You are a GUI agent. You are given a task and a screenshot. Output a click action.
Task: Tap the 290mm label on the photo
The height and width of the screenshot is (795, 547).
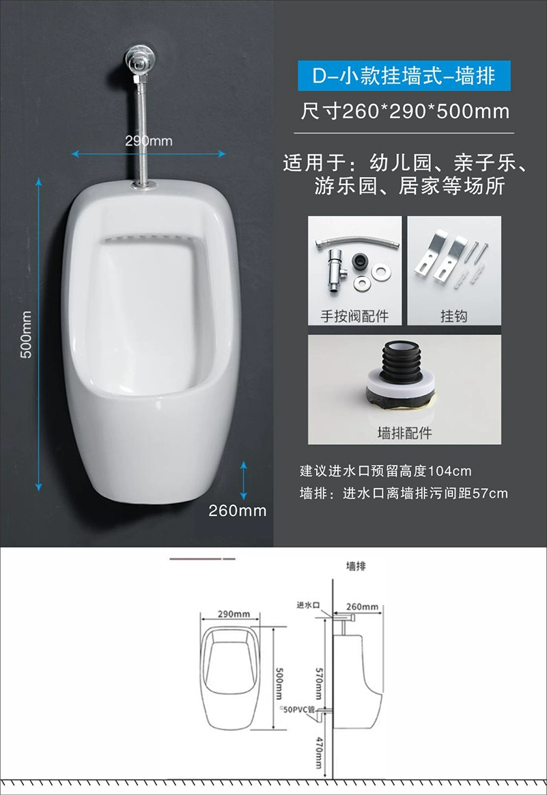click(148, 140)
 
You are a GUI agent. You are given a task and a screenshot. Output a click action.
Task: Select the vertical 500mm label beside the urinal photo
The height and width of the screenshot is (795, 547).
click(26, 335)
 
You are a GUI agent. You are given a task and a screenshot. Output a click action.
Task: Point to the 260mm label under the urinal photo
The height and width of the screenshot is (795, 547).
click(238, 511)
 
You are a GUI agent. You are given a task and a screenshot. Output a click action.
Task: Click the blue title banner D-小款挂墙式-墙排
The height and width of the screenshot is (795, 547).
click(404, 76)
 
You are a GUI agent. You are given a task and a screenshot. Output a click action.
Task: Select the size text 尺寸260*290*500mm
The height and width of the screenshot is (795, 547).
click(405, 111)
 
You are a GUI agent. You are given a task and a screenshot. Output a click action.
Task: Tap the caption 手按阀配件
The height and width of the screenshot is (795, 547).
click(354, 316)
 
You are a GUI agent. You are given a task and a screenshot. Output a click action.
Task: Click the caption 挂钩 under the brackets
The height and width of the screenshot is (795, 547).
click(454, 316)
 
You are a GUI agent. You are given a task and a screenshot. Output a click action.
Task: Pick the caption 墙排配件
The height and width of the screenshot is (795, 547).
click(405, 433)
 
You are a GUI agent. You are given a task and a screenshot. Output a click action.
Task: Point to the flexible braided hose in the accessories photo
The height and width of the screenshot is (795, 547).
click(358, 243)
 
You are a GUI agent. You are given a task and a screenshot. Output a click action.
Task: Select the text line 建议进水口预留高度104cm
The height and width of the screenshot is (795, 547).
click(385, 471)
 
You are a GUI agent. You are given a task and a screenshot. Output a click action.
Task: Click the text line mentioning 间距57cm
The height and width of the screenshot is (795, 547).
click(404, 494)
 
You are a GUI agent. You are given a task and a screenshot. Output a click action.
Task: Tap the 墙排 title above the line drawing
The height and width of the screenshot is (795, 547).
click(356, 566)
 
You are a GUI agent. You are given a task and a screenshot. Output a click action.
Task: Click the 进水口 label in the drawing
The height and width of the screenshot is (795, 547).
click(308, 605)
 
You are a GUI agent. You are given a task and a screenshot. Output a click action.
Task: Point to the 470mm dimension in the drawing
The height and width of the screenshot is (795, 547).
click(319, 753)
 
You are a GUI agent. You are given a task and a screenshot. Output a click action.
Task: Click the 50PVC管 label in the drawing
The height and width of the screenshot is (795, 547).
click(298, 710)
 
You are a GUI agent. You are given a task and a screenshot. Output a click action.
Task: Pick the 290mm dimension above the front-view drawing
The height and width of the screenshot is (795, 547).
click(234, 614)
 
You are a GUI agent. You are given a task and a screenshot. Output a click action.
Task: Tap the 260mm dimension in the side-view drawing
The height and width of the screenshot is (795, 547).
click(363, 606)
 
